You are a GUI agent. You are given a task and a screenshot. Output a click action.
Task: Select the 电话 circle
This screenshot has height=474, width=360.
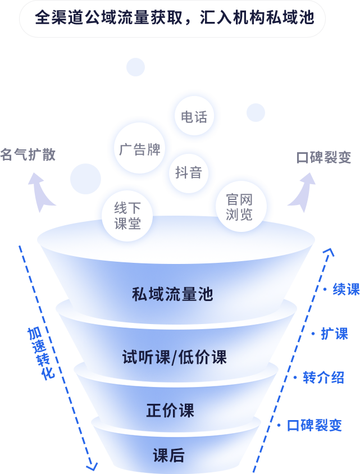[194, 116]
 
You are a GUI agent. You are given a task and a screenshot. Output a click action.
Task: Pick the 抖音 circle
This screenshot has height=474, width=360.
[188, 172]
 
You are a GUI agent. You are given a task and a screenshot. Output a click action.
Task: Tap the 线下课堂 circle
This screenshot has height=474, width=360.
[127, 215]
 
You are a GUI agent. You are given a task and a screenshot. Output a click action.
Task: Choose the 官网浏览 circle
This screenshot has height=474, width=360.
[240, 206]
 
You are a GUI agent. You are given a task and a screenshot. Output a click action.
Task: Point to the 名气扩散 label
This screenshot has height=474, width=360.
[28, 154]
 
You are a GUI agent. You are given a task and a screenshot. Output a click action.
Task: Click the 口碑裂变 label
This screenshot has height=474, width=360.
[323, 157]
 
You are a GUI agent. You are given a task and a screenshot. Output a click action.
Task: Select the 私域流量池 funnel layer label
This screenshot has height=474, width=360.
[172, 294]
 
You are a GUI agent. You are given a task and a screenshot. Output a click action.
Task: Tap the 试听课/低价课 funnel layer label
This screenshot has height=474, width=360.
[174, 357]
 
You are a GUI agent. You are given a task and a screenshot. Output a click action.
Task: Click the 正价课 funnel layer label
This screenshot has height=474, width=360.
[170, 411]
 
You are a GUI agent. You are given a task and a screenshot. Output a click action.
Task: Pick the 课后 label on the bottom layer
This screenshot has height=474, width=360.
[168, 455]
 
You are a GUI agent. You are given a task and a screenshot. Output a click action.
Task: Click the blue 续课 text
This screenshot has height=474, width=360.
[345, 289]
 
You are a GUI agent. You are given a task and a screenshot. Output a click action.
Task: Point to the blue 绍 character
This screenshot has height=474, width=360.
[338, 377]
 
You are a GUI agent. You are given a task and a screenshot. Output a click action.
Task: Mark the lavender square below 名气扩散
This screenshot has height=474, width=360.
[42, 193]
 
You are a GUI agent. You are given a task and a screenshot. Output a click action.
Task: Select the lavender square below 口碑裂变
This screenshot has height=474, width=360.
[301, 193]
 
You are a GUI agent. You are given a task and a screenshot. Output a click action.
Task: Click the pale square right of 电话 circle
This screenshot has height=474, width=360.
[256, 112]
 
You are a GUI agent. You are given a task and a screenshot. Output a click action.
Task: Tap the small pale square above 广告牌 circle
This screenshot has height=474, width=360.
[135, 67]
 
